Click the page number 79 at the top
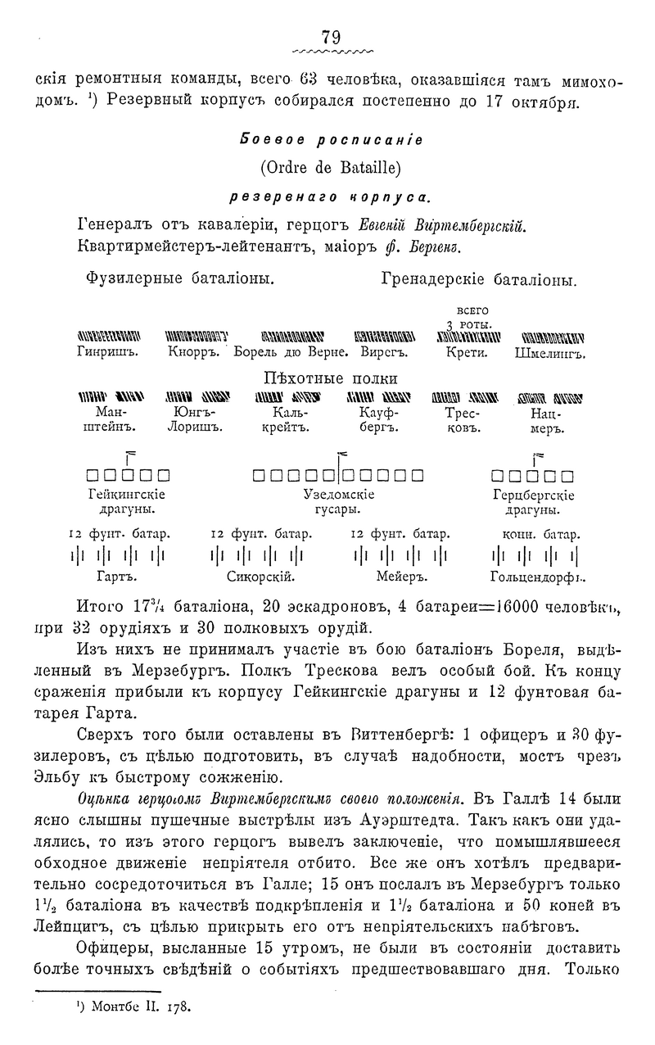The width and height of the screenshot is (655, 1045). click(331, 36)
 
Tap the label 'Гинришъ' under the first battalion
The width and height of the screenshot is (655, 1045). click(106, 355)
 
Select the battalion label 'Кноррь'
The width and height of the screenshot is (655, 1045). click(195, 355)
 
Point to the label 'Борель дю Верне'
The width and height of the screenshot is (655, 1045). click(291, 355)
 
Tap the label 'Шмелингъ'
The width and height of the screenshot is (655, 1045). click(553, 355)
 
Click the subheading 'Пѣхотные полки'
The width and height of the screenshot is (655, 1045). click(329, 378)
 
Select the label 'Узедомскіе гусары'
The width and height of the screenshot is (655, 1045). click(339, 502)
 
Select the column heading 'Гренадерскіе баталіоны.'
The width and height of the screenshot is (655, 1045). click(479, 279)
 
